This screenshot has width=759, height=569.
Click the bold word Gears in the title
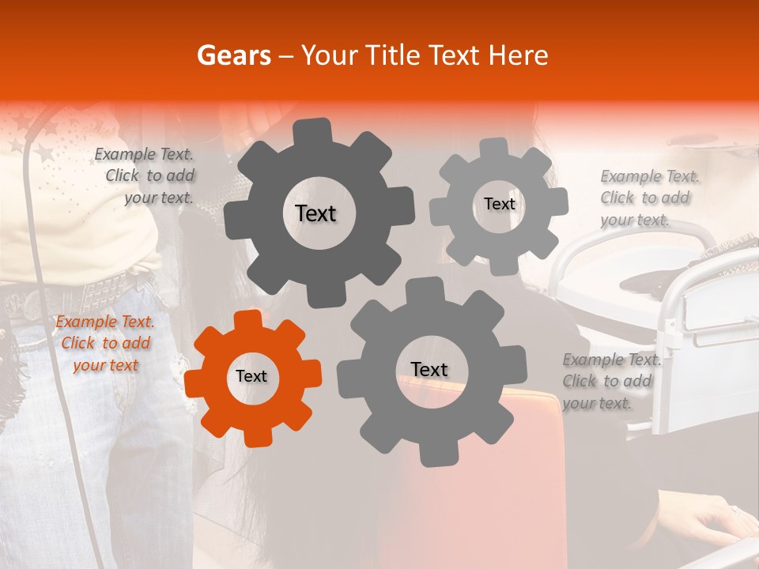[233, 55]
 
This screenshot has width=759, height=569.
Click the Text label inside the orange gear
[251, 376]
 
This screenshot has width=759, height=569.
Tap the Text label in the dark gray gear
[315, 213]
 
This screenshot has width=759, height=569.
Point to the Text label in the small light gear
[499, 204]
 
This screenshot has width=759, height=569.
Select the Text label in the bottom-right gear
[429, 369]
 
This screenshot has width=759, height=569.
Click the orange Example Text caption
[105, 343]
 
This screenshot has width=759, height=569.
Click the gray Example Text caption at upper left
[145, 175]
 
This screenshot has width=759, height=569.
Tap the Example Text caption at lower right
[610, 381]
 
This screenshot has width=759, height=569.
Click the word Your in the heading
[328, 55]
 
